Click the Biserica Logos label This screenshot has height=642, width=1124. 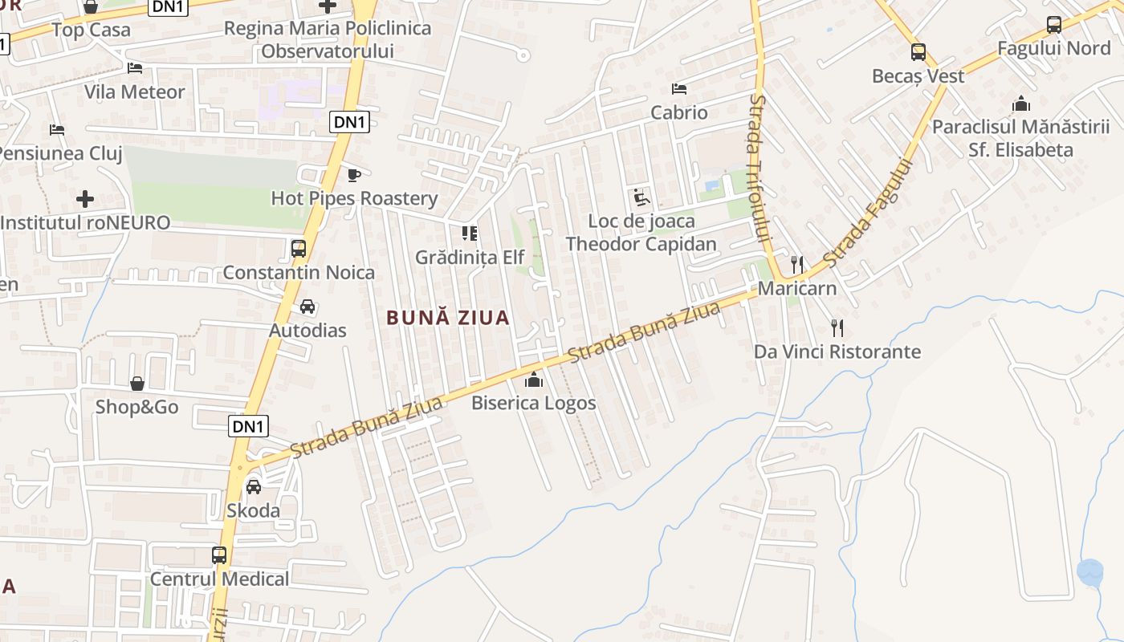pos(533,403)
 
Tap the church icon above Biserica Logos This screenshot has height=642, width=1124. pos(534,380)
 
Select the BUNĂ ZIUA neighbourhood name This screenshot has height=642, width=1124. pos(448,318)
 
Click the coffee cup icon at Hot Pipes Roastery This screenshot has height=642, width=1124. pos(353,175)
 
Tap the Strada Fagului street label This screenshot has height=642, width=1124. pos(869,213)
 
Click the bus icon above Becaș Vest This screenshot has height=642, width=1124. pos(918,52)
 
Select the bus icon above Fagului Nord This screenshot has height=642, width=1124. pos(1053,25)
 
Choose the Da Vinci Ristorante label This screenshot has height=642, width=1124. pos(837,351)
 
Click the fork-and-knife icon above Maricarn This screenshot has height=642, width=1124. pos(796,264)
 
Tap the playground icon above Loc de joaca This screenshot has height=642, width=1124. pos(641,197)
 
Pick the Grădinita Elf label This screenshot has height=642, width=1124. pos(469,258)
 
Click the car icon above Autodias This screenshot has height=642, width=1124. pos(307,307)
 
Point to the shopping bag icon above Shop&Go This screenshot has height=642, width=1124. pos(137,384)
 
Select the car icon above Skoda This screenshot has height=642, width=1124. pos(254,486)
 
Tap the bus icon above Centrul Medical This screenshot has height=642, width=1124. pos(218,555)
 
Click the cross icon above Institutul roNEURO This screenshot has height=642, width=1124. pos(85,198)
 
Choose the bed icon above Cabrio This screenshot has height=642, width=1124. pos(679,89)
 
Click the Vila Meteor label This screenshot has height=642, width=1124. pos(135,92)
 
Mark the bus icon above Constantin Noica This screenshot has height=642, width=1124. pos(299,249)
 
